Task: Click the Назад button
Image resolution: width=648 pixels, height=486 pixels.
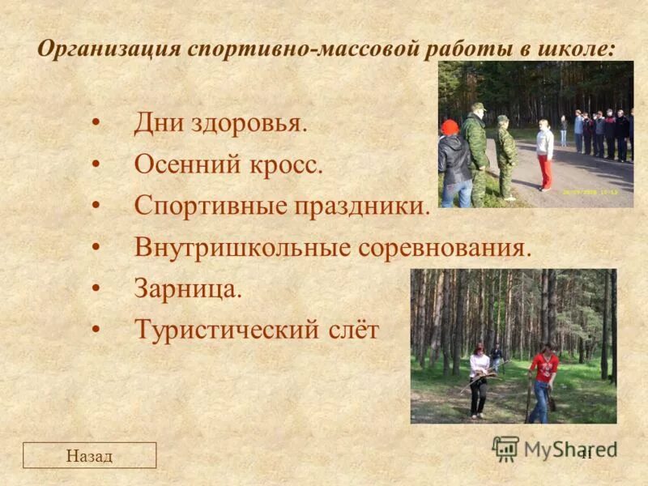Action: pyautogui.click(x=89, y=456)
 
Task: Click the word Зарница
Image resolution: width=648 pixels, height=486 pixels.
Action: pyautogui.click(x=188, y=288)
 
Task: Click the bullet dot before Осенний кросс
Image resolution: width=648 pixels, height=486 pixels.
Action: pyautogui.click(x=96, y=165)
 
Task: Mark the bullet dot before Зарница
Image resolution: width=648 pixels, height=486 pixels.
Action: pyautogui.click(x=96, y=288)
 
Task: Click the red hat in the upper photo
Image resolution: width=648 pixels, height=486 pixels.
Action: pyautogui.click(x=450, y=127)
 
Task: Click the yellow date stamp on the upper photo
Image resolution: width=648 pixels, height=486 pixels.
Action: pyautogui.click(x=592, y=192)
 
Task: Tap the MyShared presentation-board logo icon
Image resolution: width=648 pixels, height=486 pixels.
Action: pyautogui.click(x=505, y=448)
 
